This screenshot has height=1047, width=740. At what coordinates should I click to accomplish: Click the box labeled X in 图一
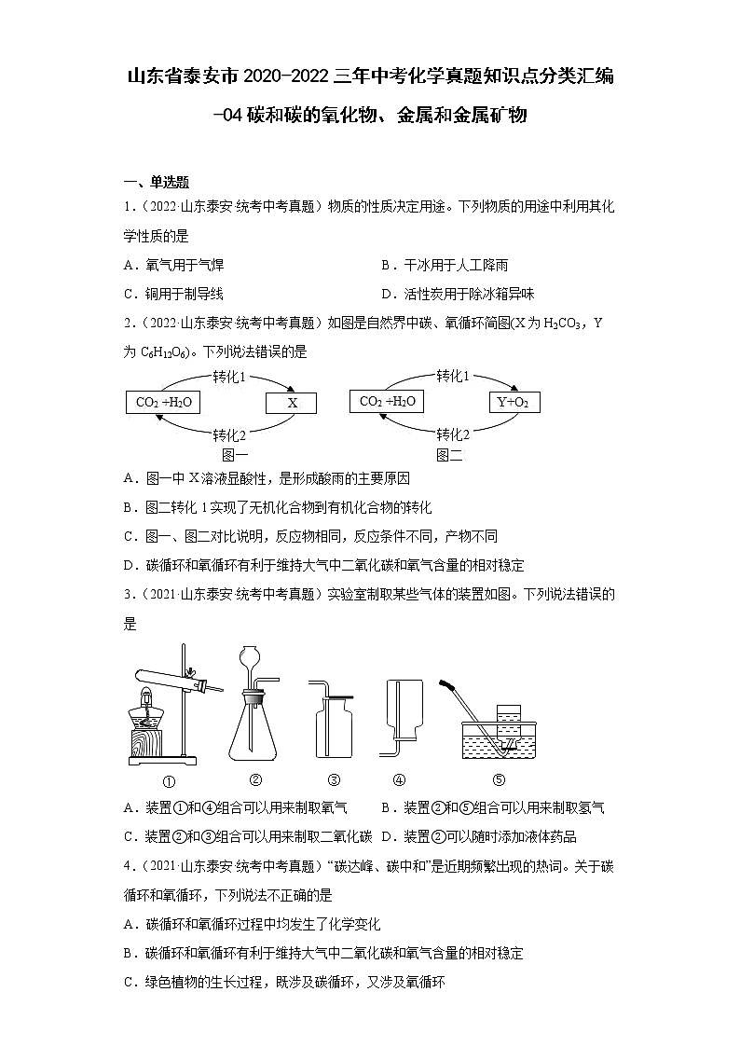pyautogui.click(x=291, y=403)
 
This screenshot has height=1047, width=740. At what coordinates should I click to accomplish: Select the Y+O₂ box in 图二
pyautogui.click(x=514, y=402)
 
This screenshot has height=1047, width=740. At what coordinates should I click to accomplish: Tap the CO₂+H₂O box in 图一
pyautogui.click(x=162, y=402)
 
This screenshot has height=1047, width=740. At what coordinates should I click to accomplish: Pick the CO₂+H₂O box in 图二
pyautogui.click(x=387, y=402)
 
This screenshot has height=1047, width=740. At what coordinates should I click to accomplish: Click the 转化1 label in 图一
pyautogui.click(x=229, y=377)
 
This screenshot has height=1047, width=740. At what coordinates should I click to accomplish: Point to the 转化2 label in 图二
pyautogui.click(x=453, y=434)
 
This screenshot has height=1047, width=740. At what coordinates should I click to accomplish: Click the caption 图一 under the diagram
pyautogui.click(x=233, y=454)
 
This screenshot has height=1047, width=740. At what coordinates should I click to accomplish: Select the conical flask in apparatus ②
pyautogui.click(x=254, y=737)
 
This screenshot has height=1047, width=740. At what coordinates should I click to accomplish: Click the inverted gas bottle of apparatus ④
pyautogui.click(x=406, y=713)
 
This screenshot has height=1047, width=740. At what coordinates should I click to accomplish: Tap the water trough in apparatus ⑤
pyautogui.click(x=499, y=741)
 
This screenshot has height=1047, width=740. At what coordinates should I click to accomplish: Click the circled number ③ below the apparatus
pyautogui.click(x=334, y=780)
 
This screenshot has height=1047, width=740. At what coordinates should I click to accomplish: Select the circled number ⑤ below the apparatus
pyautogui.click(x=498, y=780)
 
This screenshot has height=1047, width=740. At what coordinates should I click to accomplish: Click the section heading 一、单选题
pyautogui.click(x=157, y=183)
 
